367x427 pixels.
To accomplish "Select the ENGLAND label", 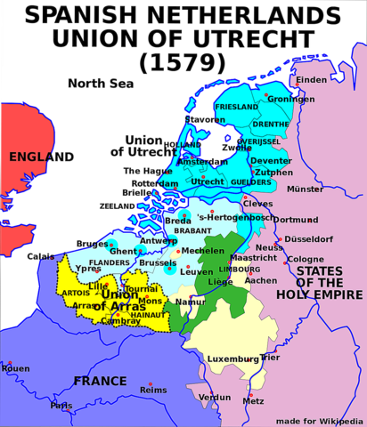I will tap(41, 157).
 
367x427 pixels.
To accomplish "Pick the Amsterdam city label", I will tap(203, 163).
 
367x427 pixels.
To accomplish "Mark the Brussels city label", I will tap(158, 263).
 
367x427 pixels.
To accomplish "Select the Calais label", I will tap(40, 256).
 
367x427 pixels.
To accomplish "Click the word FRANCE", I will tap(99, 381).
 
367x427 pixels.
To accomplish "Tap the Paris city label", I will tap(61, 406).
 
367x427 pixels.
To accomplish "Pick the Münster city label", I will tap(306, 189).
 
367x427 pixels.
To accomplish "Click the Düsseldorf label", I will tap(309, 238).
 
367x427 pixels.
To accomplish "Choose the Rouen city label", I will tap(16, 368).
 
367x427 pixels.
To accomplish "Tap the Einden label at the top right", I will tap(313, 81).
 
